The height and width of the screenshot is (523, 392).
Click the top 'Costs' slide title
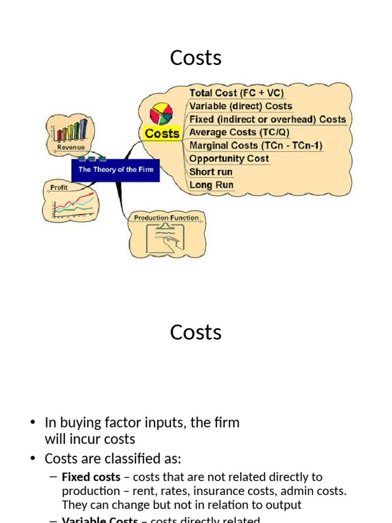[196, 58]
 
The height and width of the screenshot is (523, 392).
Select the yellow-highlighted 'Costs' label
[162, 133]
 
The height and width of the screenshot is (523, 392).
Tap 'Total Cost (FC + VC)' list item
[236, 93]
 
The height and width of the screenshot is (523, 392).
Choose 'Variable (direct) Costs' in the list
[240, 106]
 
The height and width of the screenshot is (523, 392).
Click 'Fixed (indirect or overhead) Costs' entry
[267, 120]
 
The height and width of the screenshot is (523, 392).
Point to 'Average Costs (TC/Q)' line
[239, 132]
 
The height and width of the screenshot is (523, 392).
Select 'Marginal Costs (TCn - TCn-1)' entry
[256, 146]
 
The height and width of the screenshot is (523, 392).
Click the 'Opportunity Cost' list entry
[229, 158]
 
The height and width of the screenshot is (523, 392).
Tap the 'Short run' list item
[211, 172]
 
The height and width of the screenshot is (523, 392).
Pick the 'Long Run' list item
[211, 185]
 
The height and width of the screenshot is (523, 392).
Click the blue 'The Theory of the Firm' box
[115, 169]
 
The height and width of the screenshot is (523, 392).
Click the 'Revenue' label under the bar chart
[71, 147]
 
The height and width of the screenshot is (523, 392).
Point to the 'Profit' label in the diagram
[59, 187]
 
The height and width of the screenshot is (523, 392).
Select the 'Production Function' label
[166, 218]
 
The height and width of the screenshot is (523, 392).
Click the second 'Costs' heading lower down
[196, 332]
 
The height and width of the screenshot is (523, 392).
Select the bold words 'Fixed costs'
[91, 477]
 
